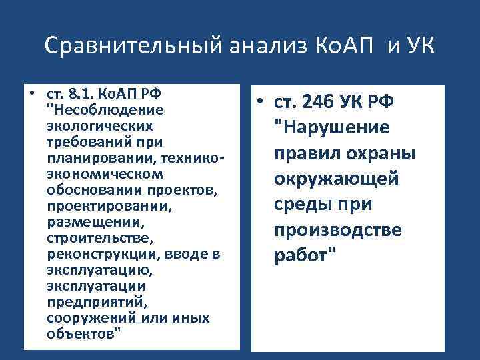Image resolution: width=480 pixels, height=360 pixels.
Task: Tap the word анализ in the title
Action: point(255,46)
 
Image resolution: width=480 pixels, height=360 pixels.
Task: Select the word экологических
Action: point(99,125)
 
